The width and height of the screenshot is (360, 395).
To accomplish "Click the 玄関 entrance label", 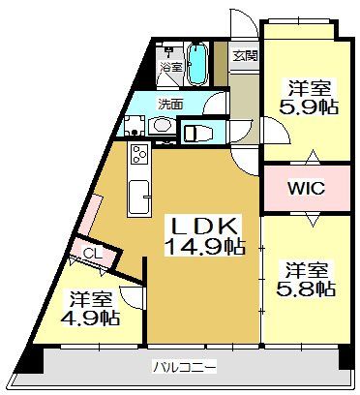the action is [246, 56].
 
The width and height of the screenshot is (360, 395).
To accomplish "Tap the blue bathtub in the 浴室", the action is [196, 65].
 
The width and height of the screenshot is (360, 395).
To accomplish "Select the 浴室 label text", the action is [171, 67].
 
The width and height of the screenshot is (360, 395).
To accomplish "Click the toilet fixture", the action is [197, 133].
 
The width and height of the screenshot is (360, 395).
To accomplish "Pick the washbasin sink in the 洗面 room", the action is [163, 125].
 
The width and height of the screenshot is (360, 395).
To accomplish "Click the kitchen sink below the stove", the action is [139, 197].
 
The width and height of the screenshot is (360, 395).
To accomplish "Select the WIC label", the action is [306, 188].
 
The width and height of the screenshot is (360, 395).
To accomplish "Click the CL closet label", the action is [93, 254].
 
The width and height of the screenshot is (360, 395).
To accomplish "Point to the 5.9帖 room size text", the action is [309, 106].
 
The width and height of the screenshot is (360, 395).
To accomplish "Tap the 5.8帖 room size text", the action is [306, 289].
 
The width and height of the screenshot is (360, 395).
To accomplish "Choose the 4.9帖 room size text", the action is [90, 318].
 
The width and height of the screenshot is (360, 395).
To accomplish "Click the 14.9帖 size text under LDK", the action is [205, 247].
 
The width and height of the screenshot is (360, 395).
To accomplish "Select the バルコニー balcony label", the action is [185, 367].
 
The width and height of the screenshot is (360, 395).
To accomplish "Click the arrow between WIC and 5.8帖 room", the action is [313, 221].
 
